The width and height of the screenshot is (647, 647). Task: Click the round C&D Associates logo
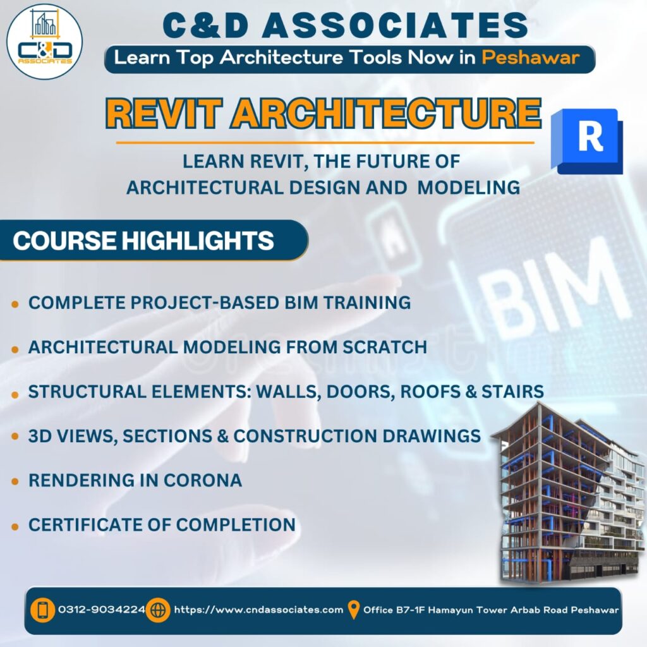(45, 42)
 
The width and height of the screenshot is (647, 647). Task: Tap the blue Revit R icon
(587, 141)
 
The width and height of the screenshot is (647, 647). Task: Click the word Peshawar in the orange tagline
(530, 57)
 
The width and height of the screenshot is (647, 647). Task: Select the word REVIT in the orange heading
(164, 114)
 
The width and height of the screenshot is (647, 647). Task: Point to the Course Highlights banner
(154, 240)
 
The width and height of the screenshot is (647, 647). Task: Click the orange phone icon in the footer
(42, 610)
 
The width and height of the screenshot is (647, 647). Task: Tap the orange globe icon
(158, 610)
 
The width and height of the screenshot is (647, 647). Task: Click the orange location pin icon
(353, 610)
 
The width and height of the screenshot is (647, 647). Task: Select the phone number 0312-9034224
(102, 610)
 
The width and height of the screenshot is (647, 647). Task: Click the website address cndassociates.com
(258, 610)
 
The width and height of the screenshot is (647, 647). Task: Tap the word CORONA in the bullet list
(203, 480)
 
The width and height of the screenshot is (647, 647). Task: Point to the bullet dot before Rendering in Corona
(15, 481)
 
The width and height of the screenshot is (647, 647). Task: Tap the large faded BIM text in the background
(553, 297)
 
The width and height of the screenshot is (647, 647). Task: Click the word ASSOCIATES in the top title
(395, 25)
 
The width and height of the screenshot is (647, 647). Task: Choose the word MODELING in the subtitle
(468, 187)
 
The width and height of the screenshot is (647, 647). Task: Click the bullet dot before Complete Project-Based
(15, 305)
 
